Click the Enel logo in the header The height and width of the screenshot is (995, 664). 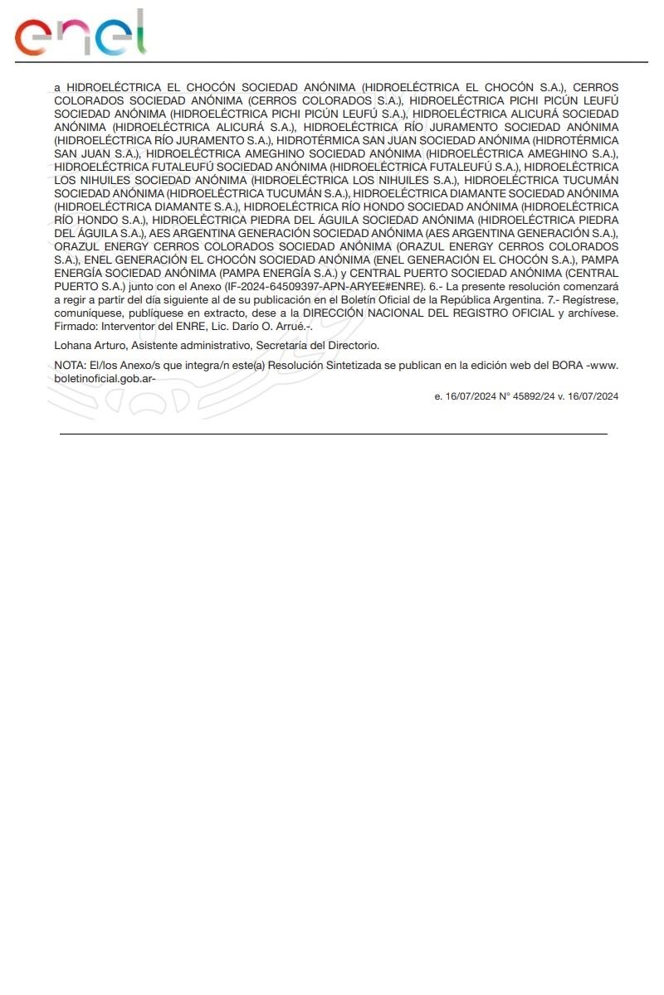coord(81,34)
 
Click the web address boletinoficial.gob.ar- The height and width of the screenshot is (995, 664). coord(105,377)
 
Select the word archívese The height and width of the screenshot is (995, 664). coord(591,313)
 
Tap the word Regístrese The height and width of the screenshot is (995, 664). coord(589,299)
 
